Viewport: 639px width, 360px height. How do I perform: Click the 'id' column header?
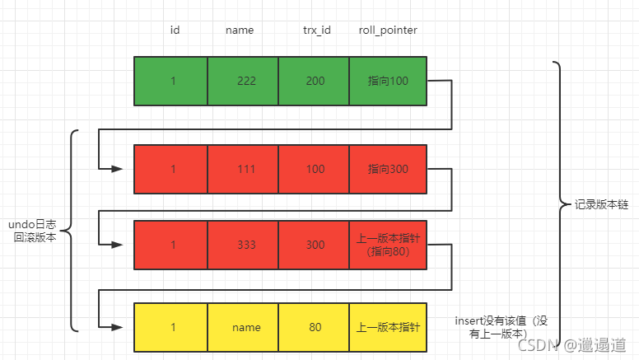click(x=175, y=30)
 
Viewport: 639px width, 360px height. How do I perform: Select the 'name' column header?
click(x=240, y=30)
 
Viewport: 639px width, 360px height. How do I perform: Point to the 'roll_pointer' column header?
click(x=388, y=30)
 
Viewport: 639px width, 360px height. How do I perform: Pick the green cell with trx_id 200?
click(x=314, y=81)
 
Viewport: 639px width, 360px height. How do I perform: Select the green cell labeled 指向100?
click(x=388, y=81)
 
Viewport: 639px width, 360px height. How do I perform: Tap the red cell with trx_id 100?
click(x=314, y=169)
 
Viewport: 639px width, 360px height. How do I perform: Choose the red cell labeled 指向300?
click(x=388, y=169)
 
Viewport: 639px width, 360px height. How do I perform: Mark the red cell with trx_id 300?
click(x=314, y=245)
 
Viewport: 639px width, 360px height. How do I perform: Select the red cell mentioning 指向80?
click(x=388, y=245)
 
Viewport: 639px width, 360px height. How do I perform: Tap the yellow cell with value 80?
click(x=314, y=327)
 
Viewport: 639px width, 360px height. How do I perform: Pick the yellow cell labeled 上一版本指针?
click(x=388, y=327)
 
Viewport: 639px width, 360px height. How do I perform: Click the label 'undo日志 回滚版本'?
click(x=34, y=230)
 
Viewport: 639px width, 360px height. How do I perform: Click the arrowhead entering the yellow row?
click(x=117, y=327)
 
